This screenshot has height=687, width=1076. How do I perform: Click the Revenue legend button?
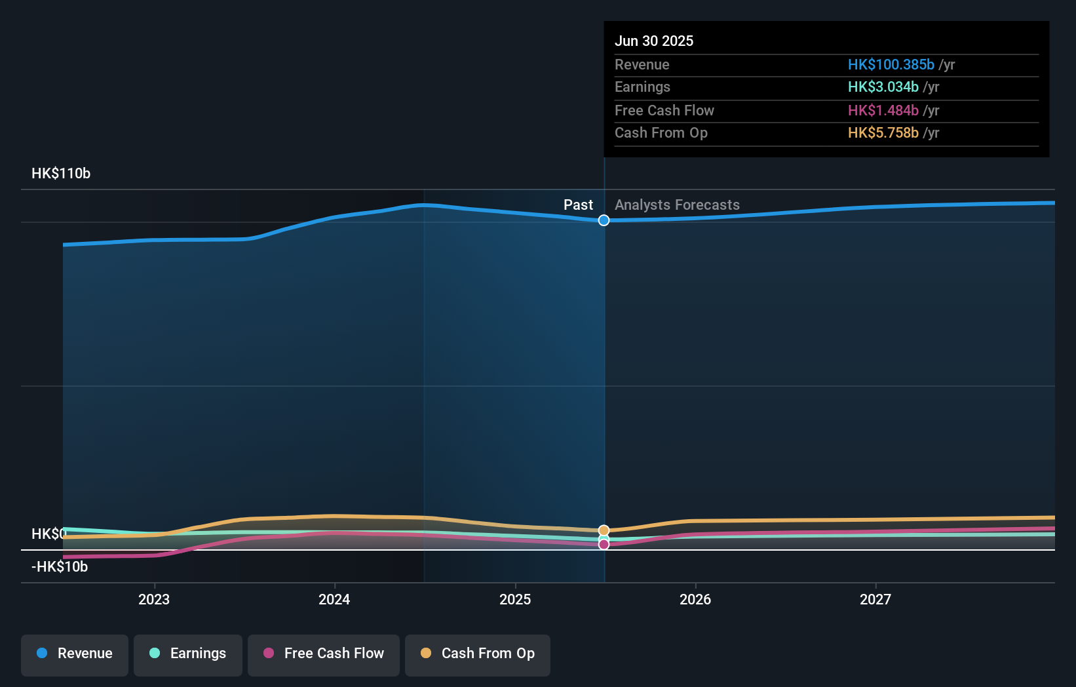tap(75, 654)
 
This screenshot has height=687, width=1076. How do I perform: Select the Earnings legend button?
tap(188, 654)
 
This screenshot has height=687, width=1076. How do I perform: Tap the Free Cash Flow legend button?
tap(324, 654)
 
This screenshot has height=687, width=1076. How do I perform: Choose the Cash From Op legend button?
tap(478, 654)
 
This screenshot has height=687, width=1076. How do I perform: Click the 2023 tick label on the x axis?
tap(154, 599)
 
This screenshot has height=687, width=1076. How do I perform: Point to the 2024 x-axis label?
tap(334, 599)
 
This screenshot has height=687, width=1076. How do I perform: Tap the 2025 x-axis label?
tap(515, 599)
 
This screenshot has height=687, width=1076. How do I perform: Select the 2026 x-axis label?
tap(695, 599)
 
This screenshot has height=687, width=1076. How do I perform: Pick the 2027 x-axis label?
tap(875, 599)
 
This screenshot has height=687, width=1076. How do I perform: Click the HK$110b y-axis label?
tap(61, 174)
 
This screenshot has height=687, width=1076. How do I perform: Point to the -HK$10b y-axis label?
tap(60, 567)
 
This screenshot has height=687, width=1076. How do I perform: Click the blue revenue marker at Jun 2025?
tap(604, 220)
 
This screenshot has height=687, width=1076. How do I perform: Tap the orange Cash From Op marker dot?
tap(604, 530)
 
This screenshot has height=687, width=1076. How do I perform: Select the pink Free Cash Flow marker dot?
tap(604, 545)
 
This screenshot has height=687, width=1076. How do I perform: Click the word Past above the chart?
tap(578, 205)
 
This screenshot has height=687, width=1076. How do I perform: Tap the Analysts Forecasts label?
tap(677, 205)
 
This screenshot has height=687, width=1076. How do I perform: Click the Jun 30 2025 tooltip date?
tap(654, 41)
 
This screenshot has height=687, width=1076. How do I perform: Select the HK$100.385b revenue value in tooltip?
tap(891, 64)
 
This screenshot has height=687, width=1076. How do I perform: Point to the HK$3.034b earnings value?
tap(883, 87)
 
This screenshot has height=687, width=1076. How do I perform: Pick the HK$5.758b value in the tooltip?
tap(883, 133)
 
